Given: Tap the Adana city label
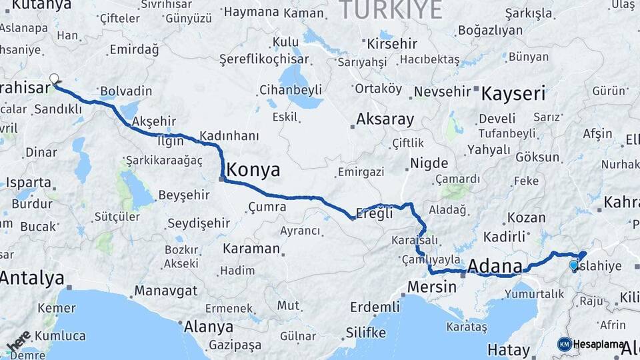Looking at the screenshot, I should [495, 266].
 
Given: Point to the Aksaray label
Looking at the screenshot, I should [385, 119].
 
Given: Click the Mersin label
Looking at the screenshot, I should [431, 287].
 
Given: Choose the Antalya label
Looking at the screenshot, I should [32, 278].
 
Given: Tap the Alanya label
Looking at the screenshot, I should [209, 327].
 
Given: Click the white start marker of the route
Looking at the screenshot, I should [54, 79].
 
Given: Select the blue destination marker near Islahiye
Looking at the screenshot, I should [573, 265].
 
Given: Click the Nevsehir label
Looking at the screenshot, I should [443, 91].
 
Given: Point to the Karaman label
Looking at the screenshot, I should [251, 249].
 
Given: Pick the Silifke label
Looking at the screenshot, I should [365, 332].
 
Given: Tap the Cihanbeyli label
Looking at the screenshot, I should [291, 89].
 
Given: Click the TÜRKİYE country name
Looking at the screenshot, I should [391, 10].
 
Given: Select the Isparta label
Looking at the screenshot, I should [28, 182].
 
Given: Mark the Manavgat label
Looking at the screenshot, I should [165, 291].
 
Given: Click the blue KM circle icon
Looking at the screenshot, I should [565, 344].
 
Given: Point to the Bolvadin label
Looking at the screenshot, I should [126, 91].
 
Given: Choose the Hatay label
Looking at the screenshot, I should [508, 349].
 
